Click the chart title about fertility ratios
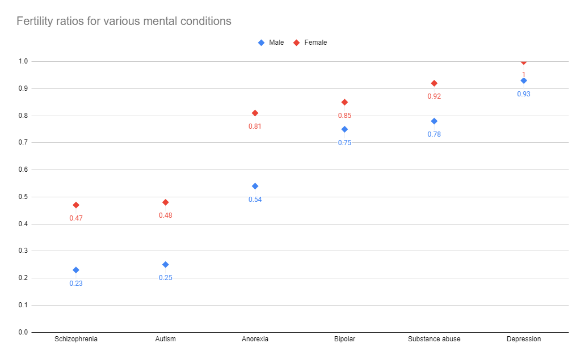(x=124, y=22)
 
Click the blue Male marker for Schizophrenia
(x=76, y=270)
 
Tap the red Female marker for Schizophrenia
(x=76, y=205)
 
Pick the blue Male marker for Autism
(x=166, y=264)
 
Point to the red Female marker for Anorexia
(x=255, y=113)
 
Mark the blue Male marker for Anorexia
(x=255, y=186)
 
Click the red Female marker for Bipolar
(x=344, y=102)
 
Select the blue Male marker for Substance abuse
(x=434, y=121)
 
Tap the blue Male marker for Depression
(x=524, y=81)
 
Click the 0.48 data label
(x=166, y=215)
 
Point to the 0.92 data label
(x=434, y=96)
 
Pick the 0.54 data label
(x=255, y=200)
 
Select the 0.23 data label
(x=76, y=283)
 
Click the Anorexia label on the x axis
(x=255, y=339)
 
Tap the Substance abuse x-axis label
(x=434, y=339)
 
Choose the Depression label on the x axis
(x=524, y=339)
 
